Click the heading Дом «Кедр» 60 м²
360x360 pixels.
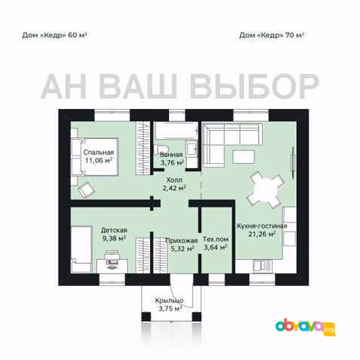[54, 35]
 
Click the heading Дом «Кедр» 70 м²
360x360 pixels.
[271, 35]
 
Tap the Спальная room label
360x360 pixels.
[98, 152]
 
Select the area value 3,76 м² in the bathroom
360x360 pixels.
[172, 163]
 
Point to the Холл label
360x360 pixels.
[174, 180]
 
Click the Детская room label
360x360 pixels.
[114, 230]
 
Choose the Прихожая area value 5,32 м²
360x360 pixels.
[182, 248]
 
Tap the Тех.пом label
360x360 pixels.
[216, 239]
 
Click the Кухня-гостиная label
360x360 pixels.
[262, 226]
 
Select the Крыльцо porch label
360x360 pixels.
[169, 301]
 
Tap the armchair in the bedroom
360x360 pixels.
[87, 190]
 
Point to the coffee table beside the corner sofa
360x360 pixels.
[243, 157]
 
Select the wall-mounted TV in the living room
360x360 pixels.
[293, 163]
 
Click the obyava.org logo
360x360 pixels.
[306, 327]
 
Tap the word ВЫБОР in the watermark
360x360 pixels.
[255, 86]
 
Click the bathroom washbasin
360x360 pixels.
[192, 149]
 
